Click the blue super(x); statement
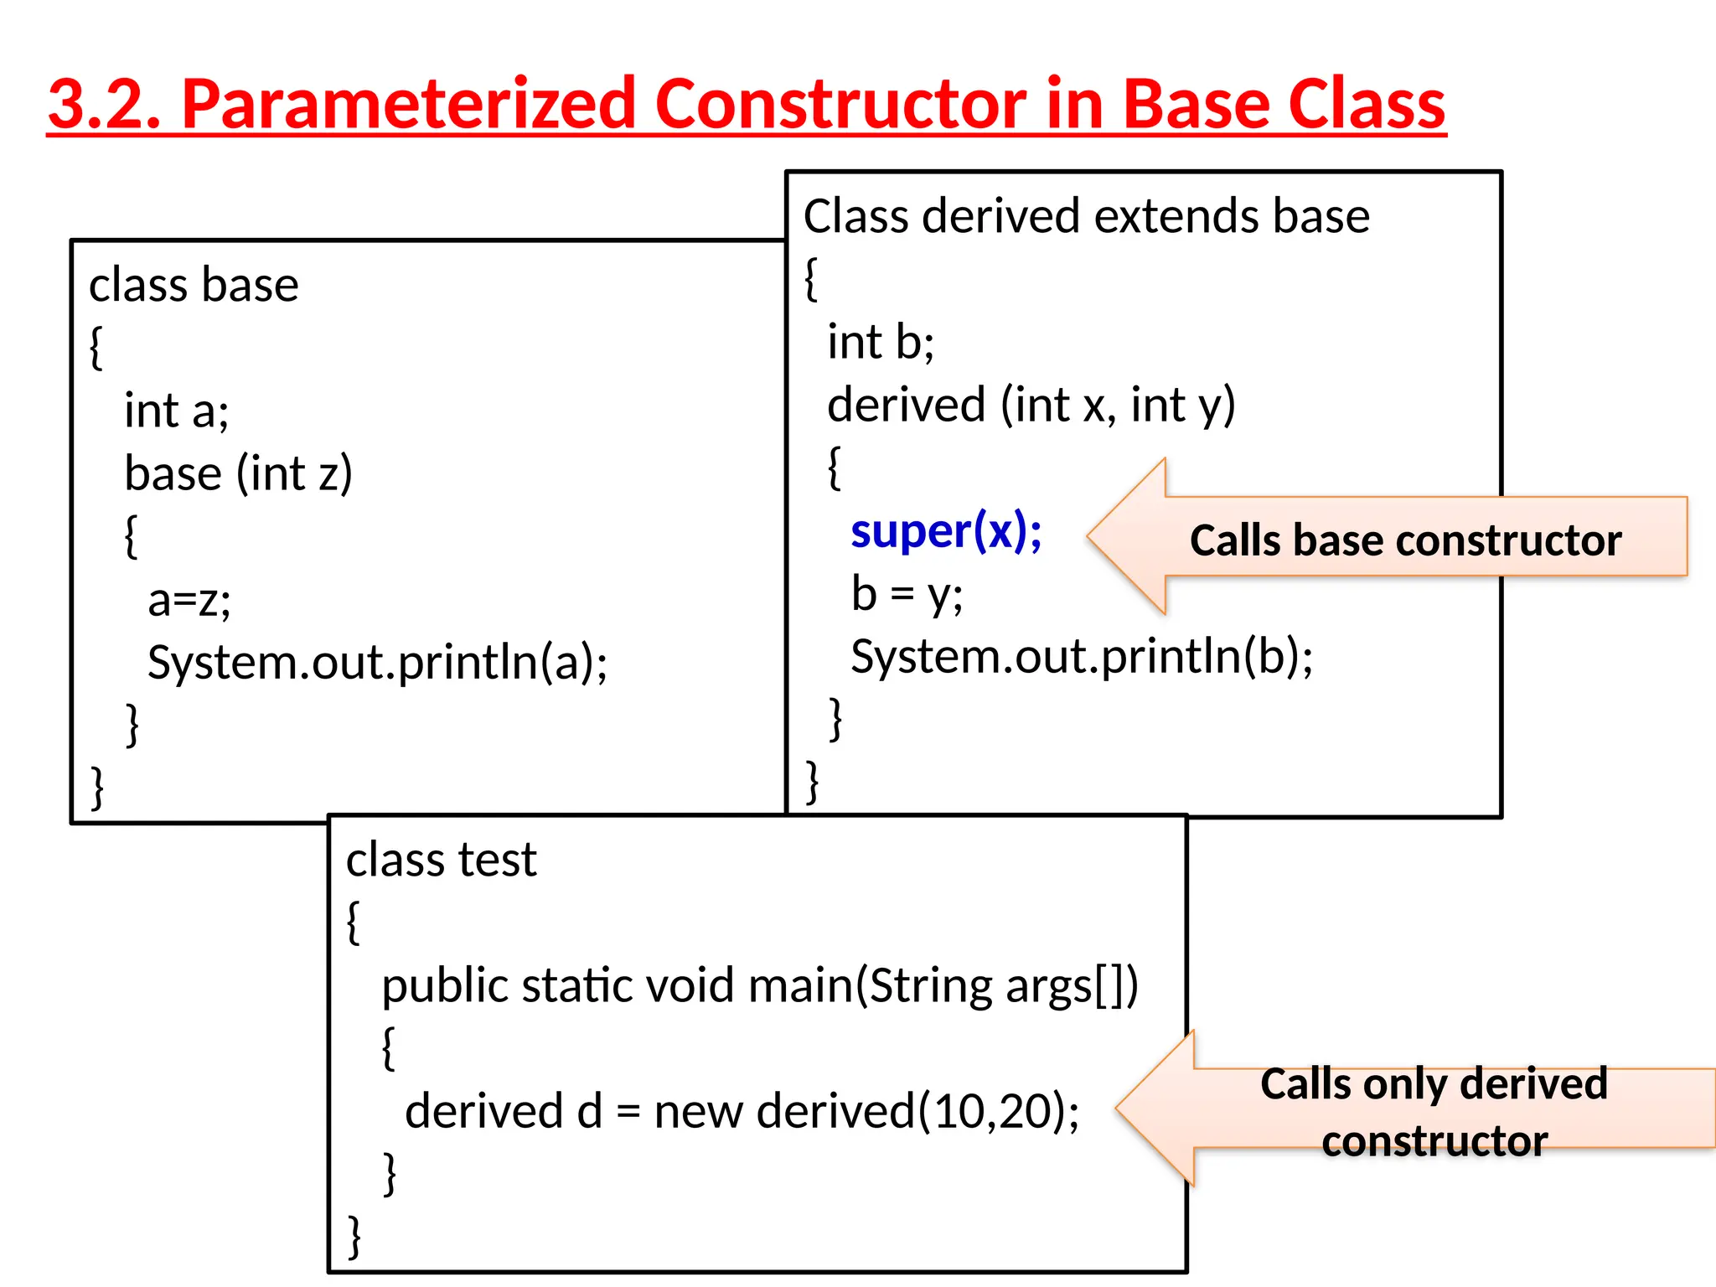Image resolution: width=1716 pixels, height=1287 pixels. tap(945, 531)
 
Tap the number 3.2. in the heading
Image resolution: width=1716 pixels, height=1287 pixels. tap(105, 104)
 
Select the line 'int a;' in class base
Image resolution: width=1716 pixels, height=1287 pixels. tap(176, 411)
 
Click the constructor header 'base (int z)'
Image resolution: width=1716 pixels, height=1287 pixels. tap(238, 473)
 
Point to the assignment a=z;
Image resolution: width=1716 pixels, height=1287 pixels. tap(189, 600)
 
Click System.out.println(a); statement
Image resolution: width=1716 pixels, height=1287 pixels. tap(377, 662)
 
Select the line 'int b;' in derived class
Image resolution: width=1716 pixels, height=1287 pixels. tap(880, 342)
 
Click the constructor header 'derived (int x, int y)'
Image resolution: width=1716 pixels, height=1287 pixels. tap(1031, 405)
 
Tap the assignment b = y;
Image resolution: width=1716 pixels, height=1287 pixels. tap(907, 594)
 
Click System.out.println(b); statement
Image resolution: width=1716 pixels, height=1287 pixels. tap(1081, 656)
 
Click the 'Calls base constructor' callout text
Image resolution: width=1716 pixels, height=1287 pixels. tap(1405, 540)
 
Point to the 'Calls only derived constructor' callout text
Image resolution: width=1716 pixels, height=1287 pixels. tap(1434, 1112)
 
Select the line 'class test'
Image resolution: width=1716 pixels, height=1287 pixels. tap(441, 860)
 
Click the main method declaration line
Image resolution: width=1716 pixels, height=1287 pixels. tap(759, 985)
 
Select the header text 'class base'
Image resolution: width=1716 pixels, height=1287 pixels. tap(194, 285)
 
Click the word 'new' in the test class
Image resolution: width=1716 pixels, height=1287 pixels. tap(698, 1112)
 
